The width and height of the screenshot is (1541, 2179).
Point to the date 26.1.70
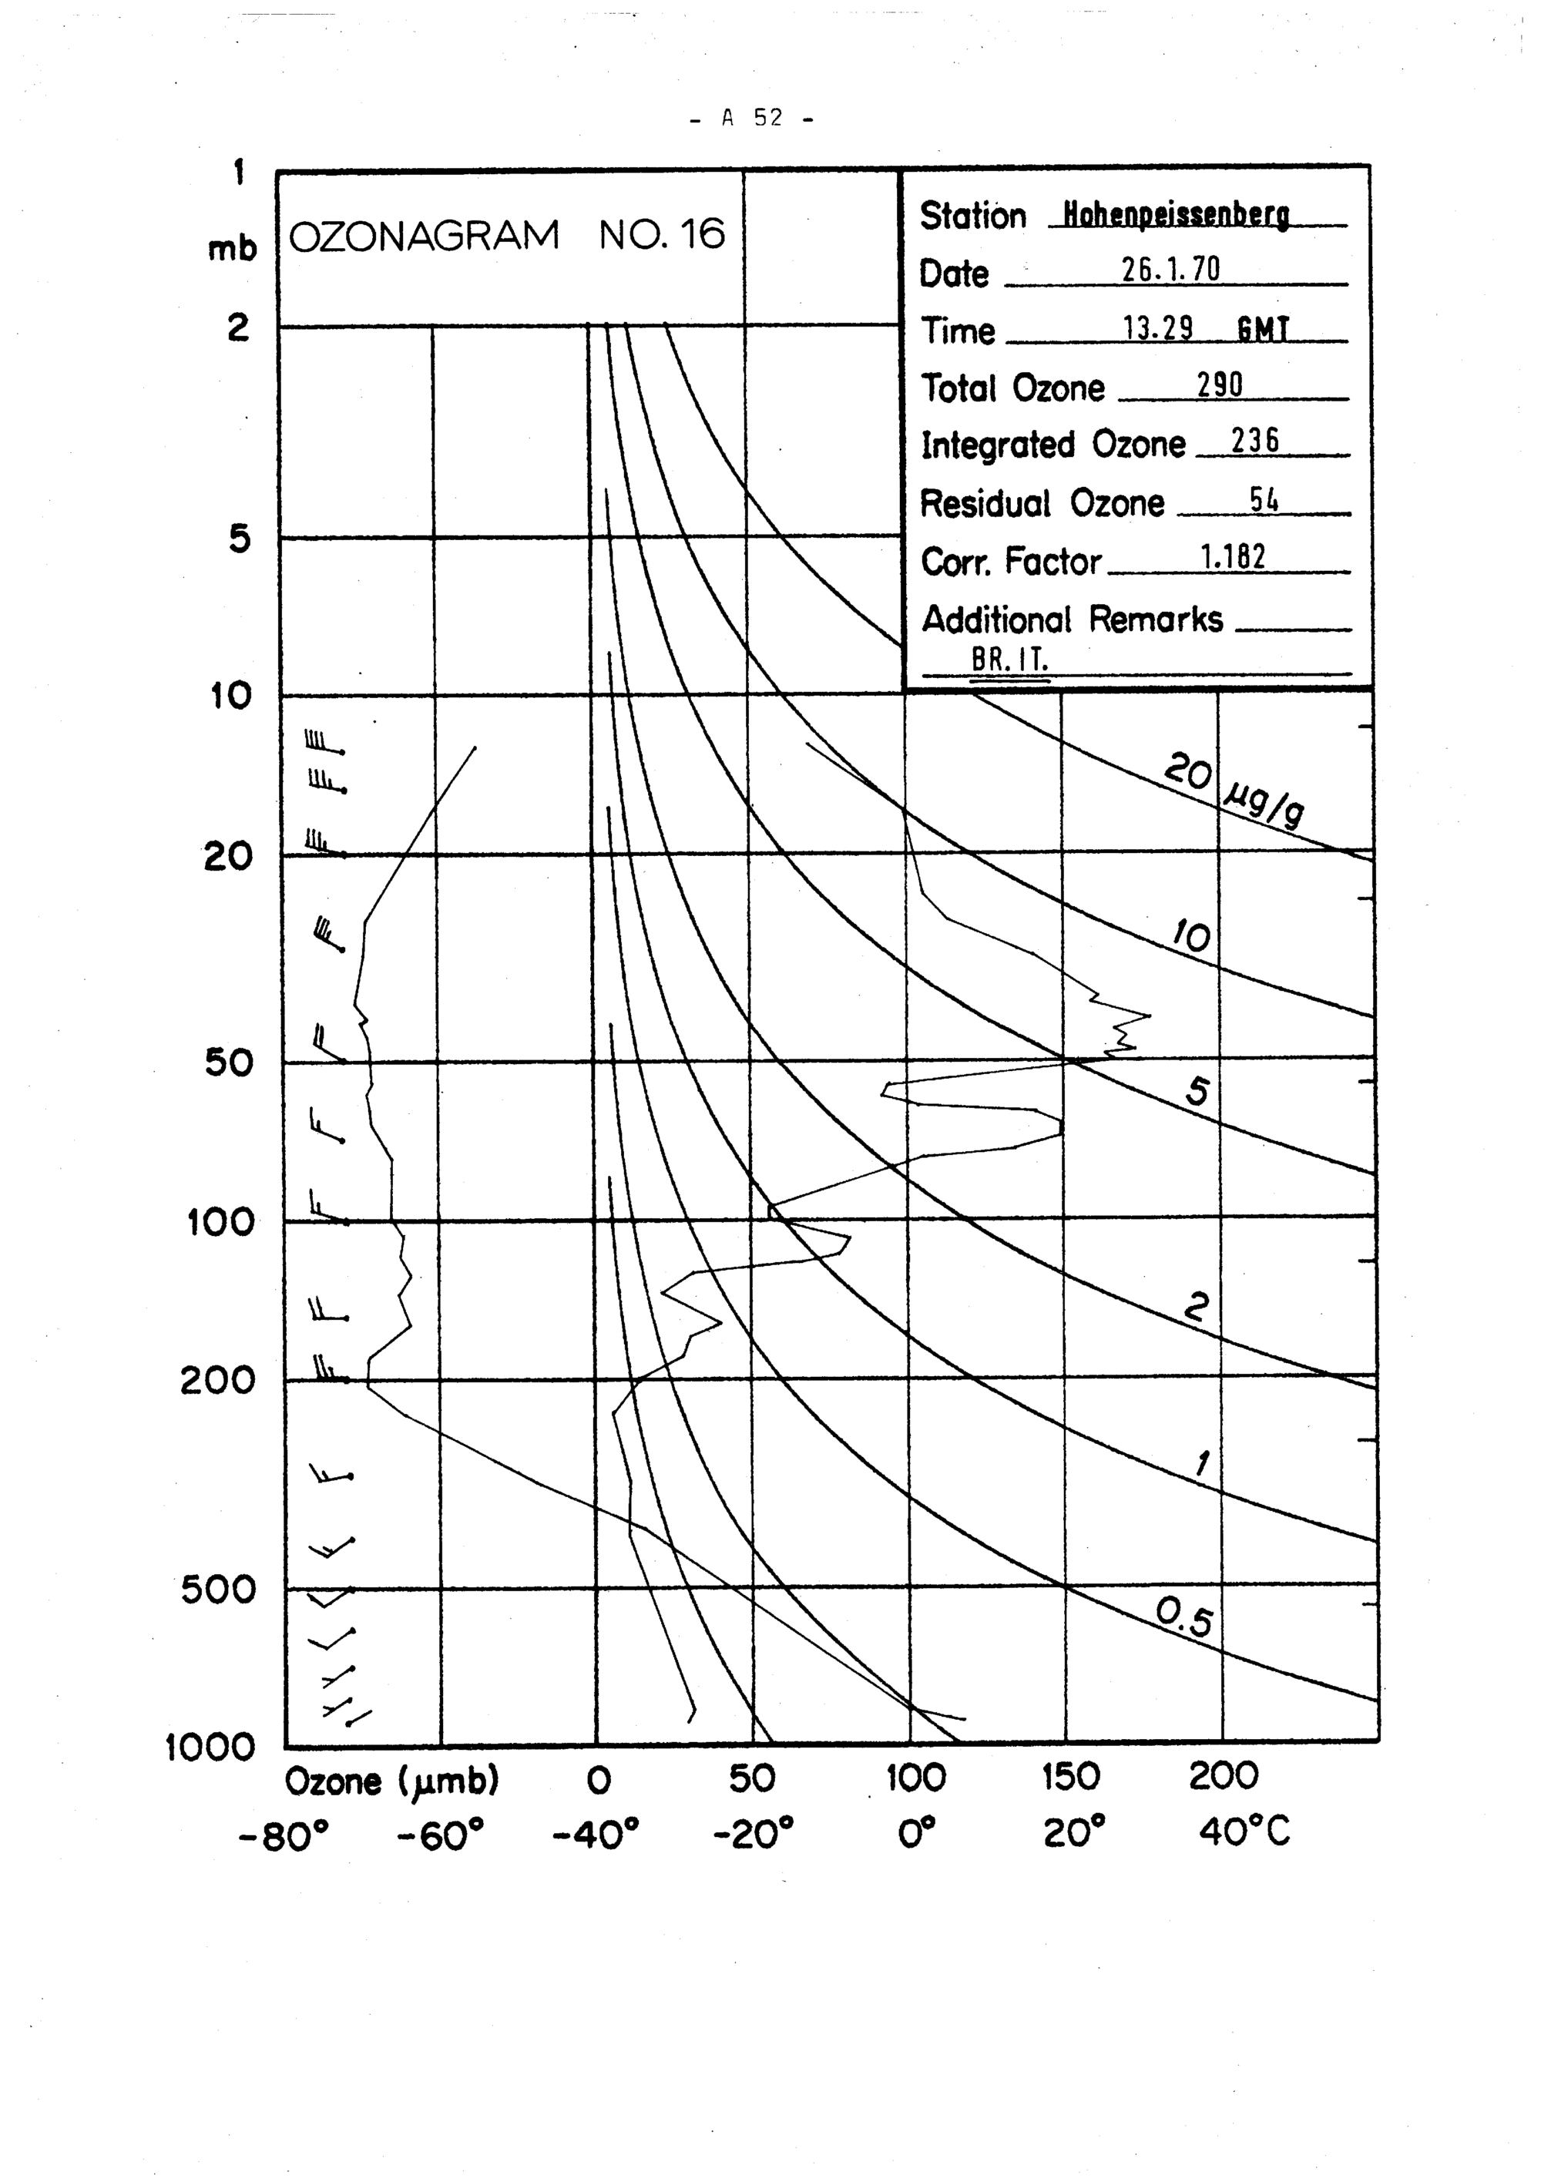click(1170, 270)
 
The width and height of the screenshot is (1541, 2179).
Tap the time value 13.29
click(1157, 328)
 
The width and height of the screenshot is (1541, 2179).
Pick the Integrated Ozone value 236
click(1254, 441)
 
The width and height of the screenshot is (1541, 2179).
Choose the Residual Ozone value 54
click(1263, 499)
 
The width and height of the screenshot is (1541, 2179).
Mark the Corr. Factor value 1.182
click(1233, 557)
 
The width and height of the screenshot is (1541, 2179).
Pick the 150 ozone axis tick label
click(1070, 1777)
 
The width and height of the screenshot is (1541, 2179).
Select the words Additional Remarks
click(1073, 619)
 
